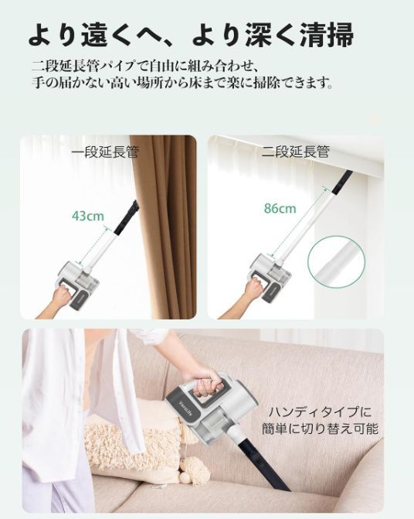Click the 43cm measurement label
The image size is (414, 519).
(x=88, y=216)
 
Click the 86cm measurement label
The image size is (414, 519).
(x=280, y=208)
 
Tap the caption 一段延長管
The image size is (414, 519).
(x=105, y=152)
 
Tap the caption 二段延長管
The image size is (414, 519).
(x=296, y=152)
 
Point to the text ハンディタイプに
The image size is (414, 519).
(x=320, y=412)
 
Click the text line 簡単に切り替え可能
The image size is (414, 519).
(x=320, y=429)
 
